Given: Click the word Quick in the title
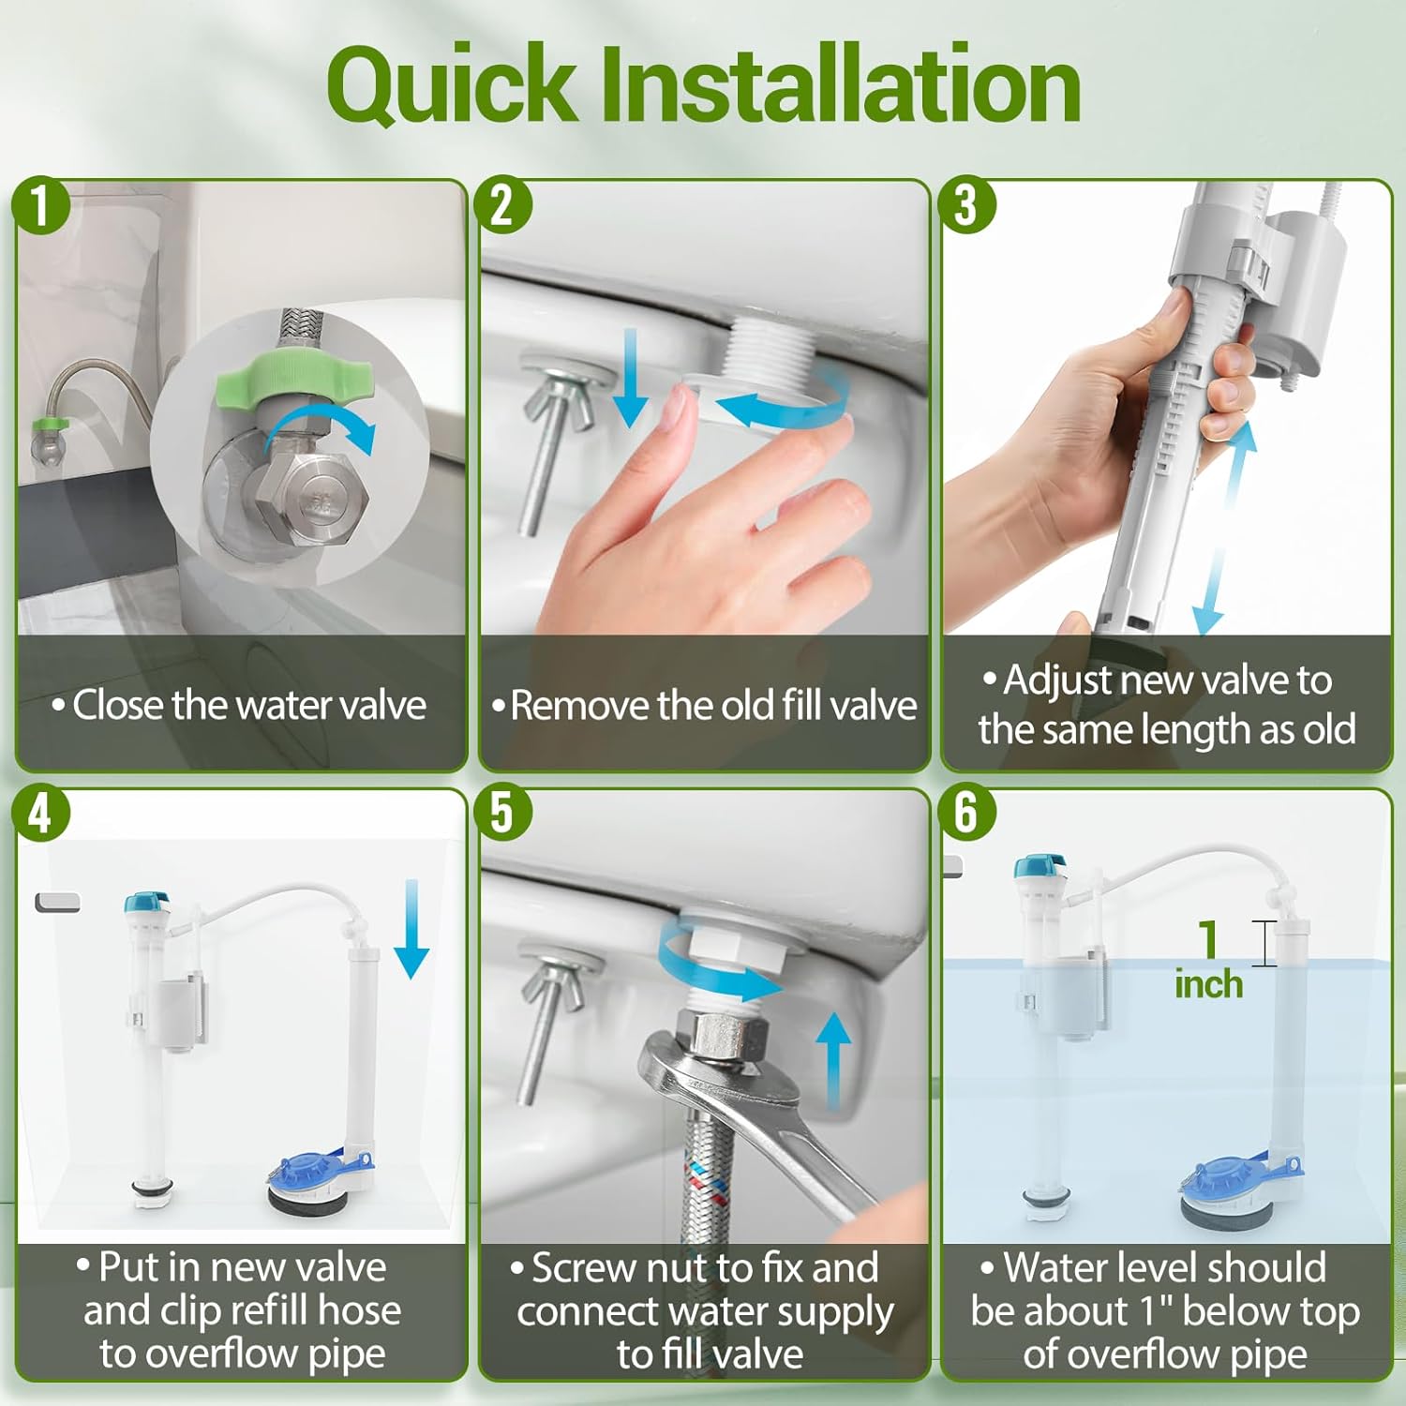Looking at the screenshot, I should [x=451, y=86].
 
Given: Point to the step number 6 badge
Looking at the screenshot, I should [x=966, y=814].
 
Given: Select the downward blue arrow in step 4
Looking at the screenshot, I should [x=411, y=928].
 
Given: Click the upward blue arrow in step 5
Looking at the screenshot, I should [x=832, y=1059].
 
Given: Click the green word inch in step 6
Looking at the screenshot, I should [x=1208, y=984].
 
